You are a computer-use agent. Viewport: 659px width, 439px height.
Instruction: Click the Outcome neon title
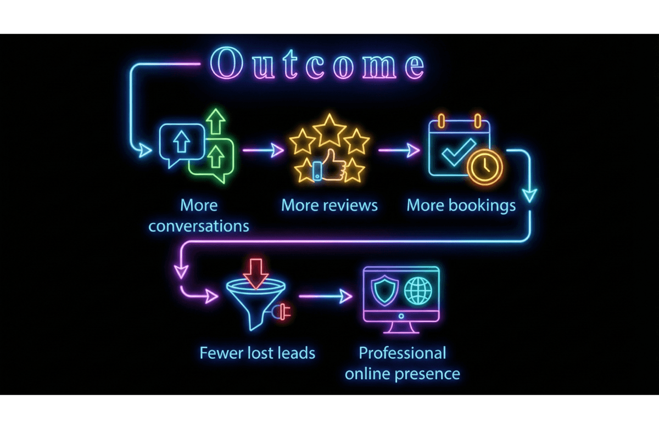tap(317, 65)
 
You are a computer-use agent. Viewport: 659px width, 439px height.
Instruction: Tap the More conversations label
tap(199, 216)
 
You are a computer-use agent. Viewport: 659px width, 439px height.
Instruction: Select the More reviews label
tap(329, 205)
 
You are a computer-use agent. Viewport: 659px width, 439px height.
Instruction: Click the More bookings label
tap(461, 205)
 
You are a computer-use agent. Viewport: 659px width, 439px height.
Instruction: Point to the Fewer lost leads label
tap(258, 352)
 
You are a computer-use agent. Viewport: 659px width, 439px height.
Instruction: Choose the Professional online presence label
tap(402, 363)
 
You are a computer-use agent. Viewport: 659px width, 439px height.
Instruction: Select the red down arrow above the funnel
tap(255, 272)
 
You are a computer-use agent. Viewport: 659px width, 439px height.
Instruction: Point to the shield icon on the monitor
tap(383, 289)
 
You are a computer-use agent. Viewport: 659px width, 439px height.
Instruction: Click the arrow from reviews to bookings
tap(399, 149)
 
